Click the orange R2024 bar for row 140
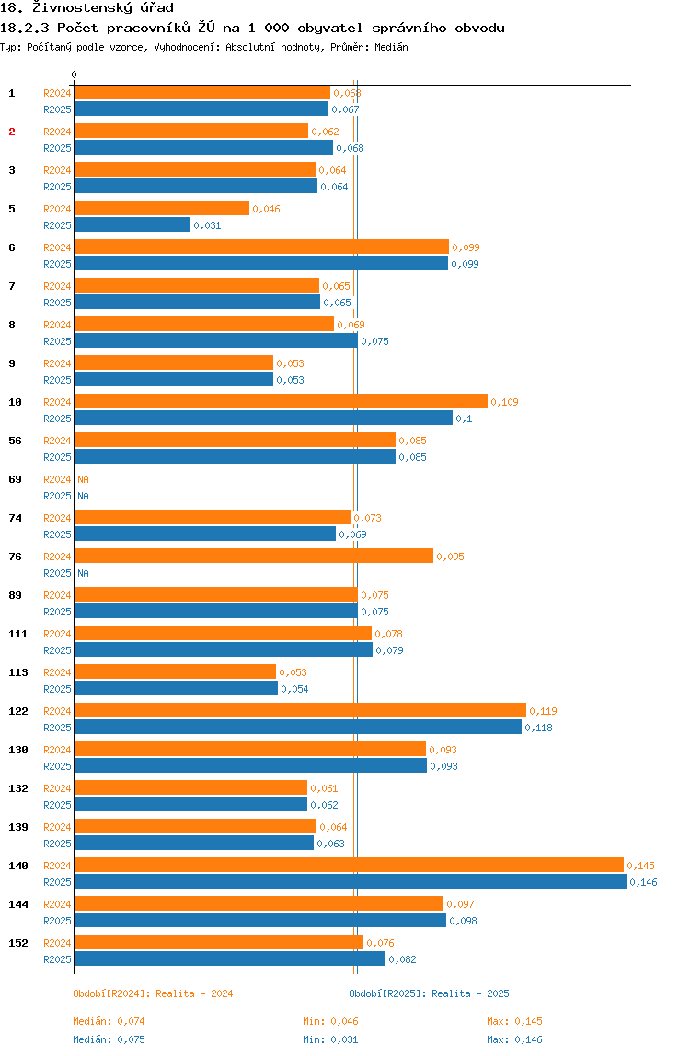tap(349, 865)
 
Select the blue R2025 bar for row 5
tap(132, 224)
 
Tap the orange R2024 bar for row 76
tap(254, 556)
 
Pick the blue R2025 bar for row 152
tap(230, 958)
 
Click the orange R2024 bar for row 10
tap(281, 401)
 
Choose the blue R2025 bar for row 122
tap(298, 727)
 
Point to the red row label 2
tap(12, 132)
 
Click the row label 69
tap(15, 479)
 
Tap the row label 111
tap(17, 634)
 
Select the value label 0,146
tap(643, 882)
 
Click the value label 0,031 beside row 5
tap(207, 225)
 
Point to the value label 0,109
tap(505, 402)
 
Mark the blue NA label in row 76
tap(83, 573)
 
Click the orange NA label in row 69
tap(83, 479)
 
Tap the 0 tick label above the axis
tap(75, 75)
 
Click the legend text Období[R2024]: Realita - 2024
tap(153, 993)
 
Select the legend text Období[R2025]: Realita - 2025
tap(429, 993)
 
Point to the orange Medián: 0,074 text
tap(109, 1021)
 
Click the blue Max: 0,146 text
tap(514, 1039)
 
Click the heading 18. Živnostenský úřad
tap(87, 8)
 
